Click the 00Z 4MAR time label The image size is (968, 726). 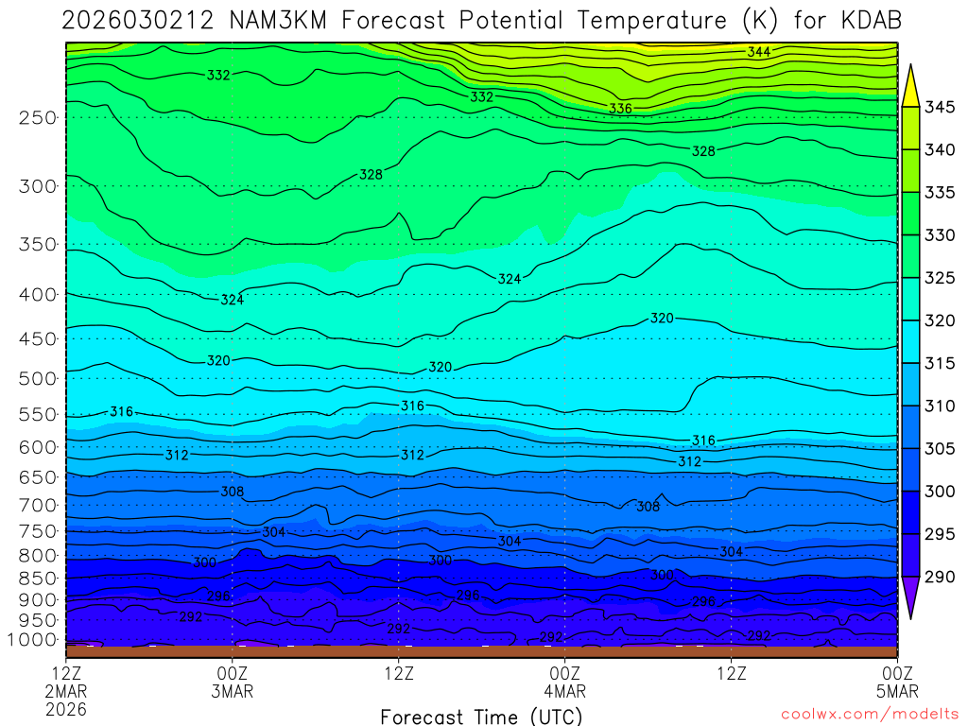click(564, 683)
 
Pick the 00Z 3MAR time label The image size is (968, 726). click(233, 683)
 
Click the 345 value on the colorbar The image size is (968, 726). click(940, 107)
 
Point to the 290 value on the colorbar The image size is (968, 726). click(940, 576)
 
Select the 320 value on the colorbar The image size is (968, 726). click(940, 320)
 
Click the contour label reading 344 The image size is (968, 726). click(758, 52)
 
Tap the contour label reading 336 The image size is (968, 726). click(620, 109)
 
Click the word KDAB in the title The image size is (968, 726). click(867, 21)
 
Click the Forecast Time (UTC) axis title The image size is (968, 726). click(482, 717)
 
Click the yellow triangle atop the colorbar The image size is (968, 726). click(910, 84)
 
